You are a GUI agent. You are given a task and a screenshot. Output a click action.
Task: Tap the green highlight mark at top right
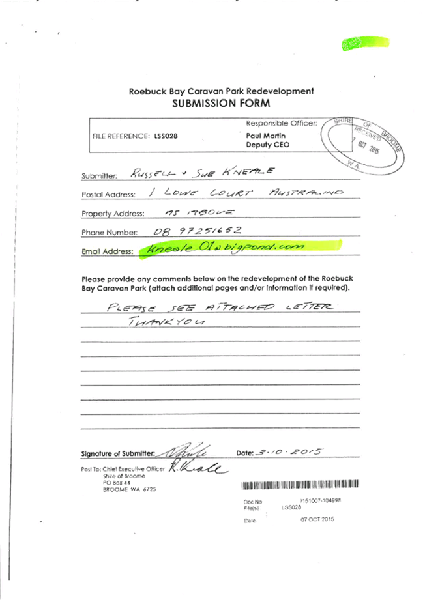click(x=365, y=44)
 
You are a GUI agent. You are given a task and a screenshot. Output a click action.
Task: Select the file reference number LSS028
click(x=166, y=136)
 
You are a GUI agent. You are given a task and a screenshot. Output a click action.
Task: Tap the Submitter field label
click(x=99, y=175)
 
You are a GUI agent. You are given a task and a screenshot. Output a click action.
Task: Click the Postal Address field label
click(x=109, y=195)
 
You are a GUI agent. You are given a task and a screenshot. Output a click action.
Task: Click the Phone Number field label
click(x=110, y=232)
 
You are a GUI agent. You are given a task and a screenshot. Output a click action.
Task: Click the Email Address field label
click(x=108, y=251)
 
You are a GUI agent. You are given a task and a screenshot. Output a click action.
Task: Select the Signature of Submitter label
click(x=118, y=453)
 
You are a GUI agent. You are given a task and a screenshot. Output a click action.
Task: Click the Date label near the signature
click(x=244, y=452)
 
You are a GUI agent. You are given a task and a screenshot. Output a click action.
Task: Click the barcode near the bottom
click(x=300, y=485)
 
